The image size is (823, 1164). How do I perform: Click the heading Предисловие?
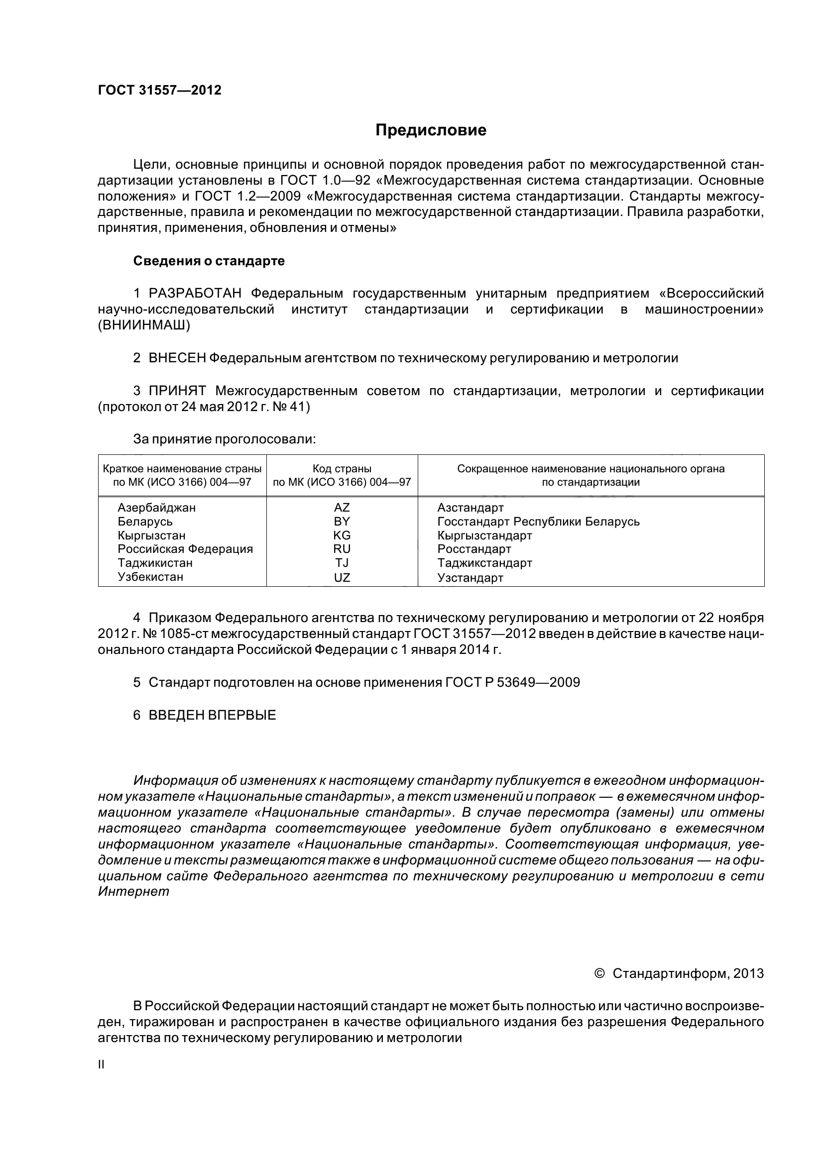(x=431, y=130)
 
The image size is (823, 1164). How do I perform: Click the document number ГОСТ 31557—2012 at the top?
(x=159, y=90)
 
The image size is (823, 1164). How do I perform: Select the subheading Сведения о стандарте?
(x=209, y=261)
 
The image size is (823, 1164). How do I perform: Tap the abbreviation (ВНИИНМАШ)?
(x=144, y=326)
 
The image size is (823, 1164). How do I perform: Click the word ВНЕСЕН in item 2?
(x=177, y=358)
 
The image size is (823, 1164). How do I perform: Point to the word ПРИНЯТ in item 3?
(x=177, y=391)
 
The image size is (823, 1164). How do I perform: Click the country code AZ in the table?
(x=342, y=508)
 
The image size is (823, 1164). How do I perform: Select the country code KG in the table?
(x=342, y=535)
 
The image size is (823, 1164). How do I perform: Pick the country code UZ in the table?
(x=342, y=577)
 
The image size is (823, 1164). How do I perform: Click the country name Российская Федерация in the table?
(x=185, y=549)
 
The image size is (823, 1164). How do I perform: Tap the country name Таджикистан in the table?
(x=155, y=563)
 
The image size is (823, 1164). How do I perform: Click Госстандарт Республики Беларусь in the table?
(x=538, y=522)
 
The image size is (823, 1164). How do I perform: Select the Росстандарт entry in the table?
(x=474, y=549)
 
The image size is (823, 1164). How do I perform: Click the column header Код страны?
(x=342, y=469)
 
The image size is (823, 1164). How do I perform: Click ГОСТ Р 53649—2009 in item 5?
(x=512, y=682)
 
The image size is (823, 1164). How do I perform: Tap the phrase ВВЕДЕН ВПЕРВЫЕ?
(x=212, y=715)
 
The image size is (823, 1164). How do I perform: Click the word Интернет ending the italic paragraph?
(x=133, y=892)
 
